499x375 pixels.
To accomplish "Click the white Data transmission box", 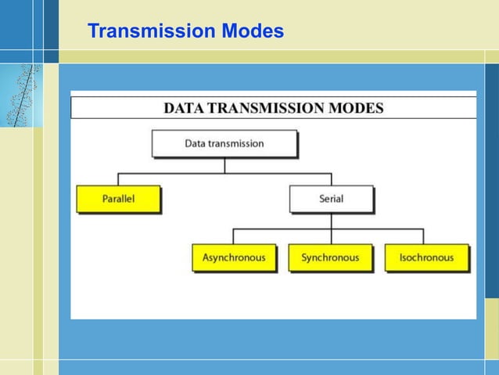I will pos(224,144).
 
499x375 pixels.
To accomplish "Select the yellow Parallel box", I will pos(118,199).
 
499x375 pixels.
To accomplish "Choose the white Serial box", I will pos(331,199).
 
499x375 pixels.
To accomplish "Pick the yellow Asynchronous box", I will pos(234,258).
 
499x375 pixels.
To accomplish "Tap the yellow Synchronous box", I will pos(330,258).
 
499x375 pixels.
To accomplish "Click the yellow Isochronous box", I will pos(426,258).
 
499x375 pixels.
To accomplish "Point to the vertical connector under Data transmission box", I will pos(224,165).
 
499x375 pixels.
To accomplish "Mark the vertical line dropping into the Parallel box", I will pos(118,179).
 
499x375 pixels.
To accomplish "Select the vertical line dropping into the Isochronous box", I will pos(423,236).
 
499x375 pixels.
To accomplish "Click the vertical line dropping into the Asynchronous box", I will pos(234,236).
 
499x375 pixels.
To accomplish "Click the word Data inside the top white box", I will pos(195,144).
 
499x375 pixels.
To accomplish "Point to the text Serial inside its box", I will pos(331,199).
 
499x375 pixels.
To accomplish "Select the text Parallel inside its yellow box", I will pos(118,199).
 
